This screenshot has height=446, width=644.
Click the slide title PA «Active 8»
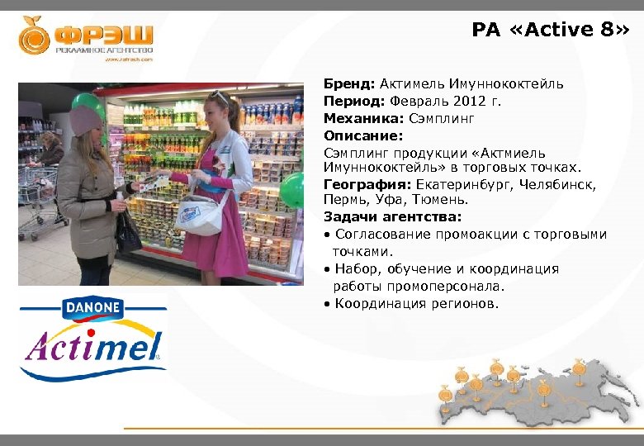tap(550, 31)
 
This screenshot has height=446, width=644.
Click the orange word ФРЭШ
tap(104, 37)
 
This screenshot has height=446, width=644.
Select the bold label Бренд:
tap(349, 83)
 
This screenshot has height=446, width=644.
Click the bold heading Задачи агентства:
tap(392, 217)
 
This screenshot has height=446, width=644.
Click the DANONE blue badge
tap(92, 310)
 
